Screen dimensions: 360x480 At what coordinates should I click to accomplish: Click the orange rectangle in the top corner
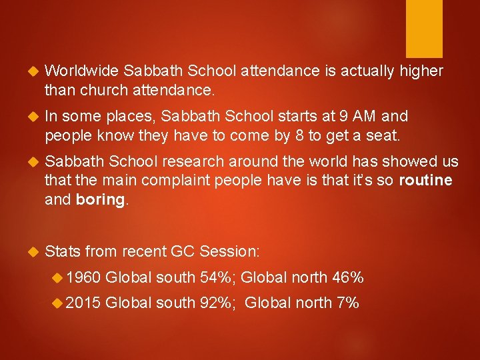coord(425,28)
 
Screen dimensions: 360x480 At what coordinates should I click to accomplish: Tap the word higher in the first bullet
coord(421,71)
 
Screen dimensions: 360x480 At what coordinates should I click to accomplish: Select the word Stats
coord(62,252)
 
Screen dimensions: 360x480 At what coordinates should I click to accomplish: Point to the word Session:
coord(231,252)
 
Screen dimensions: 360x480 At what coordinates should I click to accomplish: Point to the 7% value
coord(348,303)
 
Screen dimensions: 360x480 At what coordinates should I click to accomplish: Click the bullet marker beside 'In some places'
coord(28,117)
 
